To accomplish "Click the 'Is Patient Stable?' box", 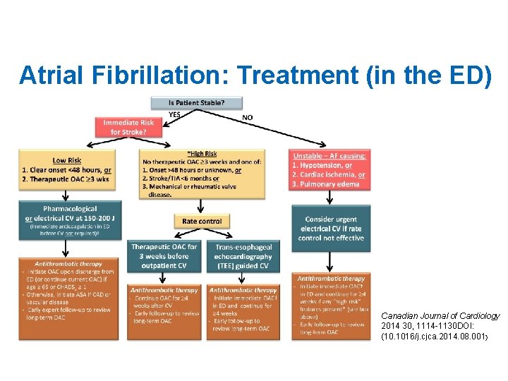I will point(197,103).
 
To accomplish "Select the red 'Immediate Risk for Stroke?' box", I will point(128,127).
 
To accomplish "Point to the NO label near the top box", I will point(248,116).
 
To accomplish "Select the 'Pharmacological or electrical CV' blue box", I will point(65,218).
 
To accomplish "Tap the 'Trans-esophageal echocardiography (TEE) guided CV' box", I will point(243,255).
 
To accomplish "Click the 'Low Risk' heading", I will point(66,161).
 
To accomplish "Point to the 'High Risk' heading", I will point(203,154).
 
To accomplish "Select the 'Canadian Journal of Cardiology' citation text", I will point(440,315).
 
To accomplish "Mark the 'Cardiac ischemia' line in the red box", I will point(331,174).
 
